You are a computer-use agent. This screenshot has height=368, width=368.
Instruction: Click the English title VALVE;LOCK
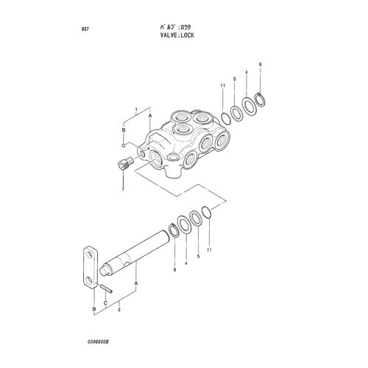[177, 35]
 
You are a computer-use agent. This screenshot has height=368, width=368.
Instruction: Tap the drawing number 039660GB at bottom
[98, 342]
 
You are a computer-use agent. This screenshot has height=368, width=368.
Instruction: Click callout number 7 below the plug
[123, 189]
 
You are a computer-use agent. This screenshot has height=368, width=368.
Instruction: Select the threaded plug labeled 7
[125, 163]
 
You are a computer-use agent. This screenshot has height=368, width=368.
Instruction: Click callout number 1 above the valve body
[137, 109]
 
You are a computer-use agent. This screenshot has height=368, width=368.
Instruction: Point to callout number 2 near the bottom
[119, 309]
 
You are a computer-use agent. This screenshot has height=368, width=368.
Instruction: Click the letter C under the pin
[105, 302]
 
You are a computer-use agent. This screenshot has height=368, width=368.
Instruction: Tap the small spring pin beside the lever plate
[106, 287]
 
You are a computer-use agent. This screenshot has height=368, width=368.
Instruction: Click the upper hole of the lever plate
[91, 255]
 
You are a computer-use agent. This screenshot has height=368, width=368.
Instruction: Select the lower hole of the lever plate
[90, 279]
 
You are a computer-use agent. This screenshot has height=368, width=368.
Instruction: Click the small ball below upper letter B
[124, 146]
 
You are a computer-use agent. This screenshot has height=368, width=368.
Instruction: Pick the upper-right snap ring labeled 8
[260, 99]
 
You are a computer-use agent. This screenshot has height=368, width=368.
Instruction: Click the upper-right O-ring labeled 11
[226, 118]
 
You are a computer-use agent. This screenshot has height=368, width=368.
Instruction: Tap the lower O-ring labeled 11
[206, 213]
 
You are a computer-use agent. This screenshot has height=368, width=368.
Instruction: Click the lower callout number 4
[186, 263]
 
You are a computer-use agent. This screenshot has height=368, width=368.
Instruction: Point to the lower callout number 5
[198, 256]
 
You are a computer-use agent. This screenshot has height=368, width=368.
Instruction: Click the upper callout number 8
[261, 65]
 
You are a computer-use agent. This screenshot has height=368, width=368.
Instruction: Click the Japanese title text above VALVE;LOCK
[175, 27]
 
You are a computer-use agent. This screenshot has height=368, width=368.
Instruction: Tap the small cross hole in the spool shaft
[126, 263]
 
